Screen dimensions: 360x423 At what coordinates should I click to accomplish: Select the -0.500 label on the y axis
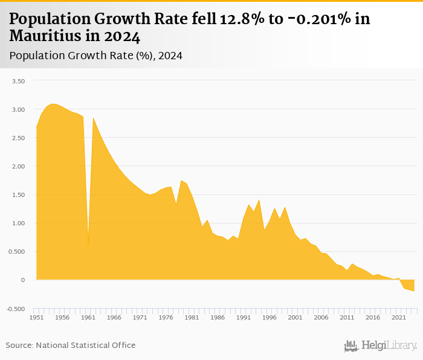(x=16, y=309)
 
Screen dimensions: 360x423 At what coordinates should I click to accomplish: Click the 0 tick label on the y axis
(x=23, y=280)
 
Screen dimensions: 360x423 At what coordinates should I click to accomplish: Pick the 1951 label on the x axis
(x=36, y=317)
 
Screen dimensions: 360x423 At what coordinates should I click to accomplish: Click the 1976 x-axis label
(x=166, y=317)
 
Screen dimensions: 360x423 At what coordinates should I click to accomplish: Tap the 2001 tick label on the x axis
(x=295, y=317)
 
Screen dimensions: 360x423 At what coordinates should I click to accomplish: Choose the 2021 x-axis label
(x=398, y=317)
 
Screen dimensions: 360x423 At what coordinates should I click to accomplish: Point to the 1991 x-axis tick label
(x=243, y=317)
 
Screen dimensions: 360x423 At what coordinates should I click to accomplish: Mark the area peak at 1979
(x=181, y=181)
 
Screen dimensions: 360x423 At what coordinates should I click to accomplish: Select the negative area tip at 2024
(x=414, y=291)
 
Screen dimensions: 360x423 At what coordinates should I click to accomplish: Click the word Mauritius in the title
(x=44, y=36)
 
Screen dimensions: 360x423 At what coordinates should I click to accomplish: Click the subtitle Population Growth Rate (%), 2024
(x=96, y=56)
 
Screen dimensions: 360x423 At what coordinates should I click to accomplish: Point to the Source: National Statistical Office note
(x=71, y=345)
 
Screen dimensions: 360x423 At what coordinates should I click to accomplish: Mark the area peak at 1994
(x=259, y=200)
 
